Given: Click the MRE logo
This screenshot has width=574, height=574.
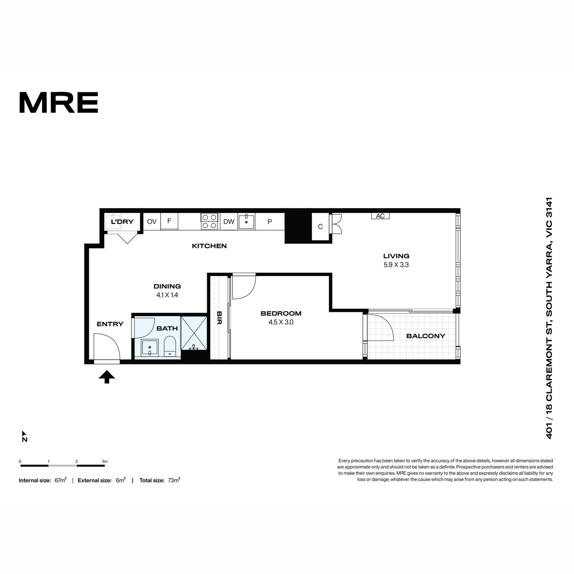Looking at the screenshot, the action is (58, 102).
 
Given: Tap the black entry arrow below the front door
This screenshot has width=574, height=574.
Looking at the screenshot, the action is (107, 377).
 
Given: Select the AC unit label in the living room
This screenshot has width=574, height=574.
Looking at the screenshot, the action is (380, 216).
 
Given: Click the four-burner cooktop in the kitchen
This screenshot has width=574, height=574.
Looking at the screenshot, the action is (209, 221).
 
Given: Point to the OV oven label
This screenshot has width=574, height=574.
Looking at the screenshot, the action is (152, 221).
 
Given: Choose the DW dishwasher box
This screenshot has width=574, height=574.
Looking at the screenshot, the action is (229, 221).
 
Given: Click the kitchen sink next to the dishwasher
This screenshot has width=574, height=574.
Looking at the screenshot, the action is (247, 221).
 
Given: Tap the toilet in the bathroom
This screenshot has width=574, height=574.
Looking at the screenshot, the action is (170, 346).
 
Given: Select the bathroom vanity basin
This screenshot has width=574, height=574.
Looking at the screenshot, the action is (150, 348).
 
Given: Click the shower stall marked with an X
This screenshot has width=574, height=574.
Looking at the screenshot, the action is (194, 333).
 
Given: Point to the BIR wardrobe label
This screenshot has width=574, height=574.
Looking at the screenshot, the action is (220, 318).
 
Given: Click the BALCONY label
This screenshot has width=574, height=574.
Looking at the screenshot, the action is (426, 336).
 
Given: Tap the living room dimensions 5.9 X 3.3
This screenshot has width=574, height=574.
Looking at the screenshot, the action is (396, 265).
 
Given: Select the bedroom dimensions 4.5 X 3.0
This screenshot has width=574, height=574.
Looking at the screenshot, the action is (281, 322).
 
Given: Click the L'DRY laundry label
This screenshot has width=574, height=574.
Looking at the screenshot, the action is (122, 221).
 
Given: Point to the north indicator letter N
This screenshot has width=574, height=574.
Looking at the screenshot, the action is (25, 440).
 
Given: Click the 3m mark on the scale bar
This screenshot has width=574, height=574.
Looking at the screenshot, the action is (105, 462).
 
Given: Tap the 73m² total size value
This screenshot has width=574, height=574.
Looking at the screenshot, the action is (174, 480).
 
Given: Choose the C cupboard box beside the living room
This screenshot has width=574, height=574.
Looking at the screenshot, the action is (320, 227).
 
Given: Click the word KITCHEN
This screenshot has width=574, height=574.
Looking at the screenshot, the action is (209, 246).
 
